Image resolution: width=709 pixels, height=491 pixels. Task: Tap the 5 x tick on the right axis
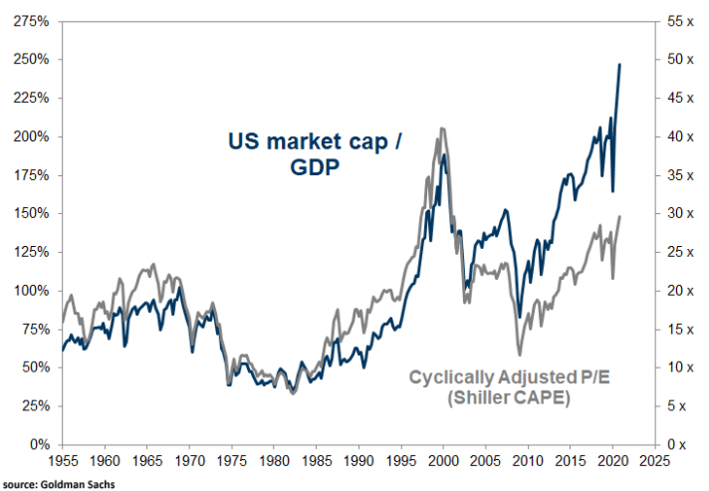tap(672, 406)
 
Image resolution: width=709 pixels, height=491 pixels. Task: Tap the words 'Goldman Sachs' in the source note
tap(86, 484)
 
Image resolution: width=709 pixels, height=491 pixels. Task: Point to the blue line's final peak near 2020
tap(620, 65)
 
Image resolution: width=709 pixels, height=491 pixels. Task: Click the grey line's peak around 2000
tap(440, 128)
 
